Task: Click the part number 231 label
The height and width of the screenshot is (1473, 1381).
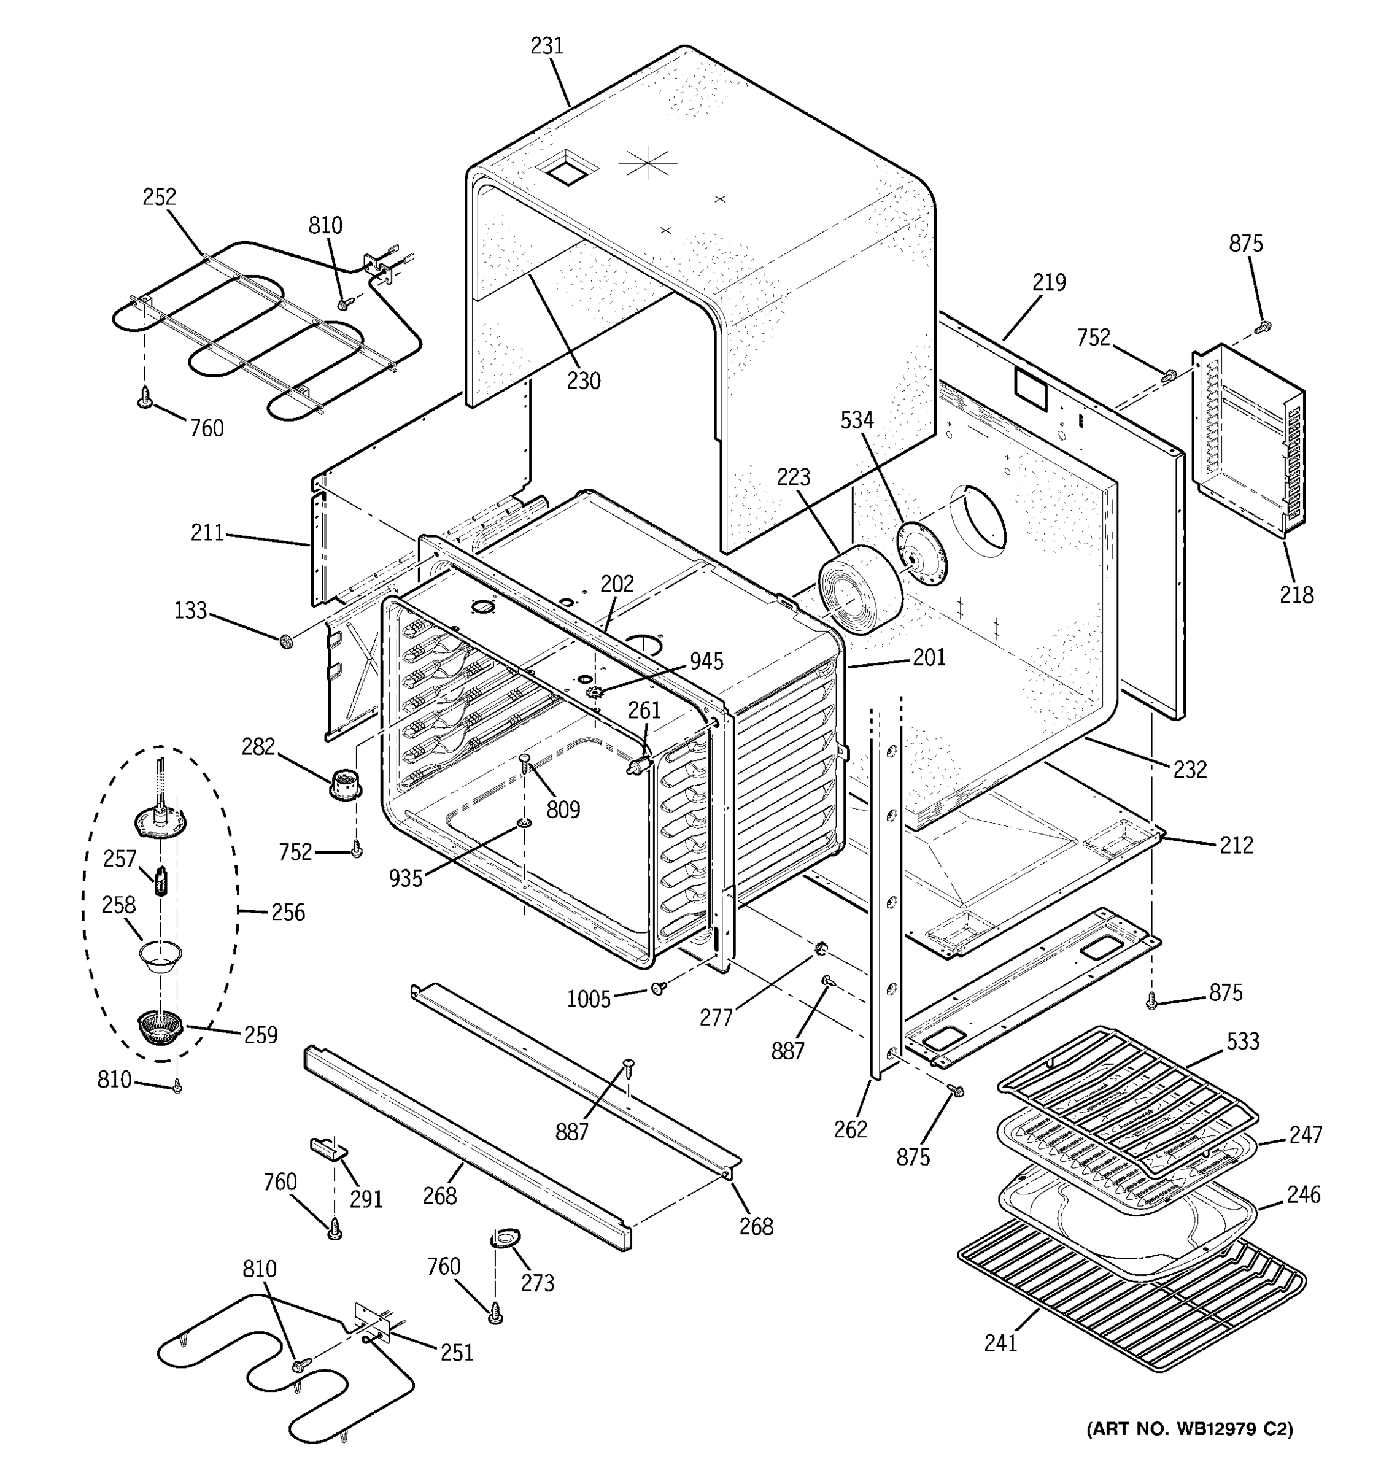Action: pyautogui.click(x=547, y=46)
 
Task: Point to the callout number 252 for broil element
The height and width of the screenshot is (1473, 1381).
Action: pyautogui.click(x=160, y=197)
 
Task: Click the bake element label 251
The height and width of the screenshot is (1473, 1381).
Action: pyautogui.click(x=457, y=1353)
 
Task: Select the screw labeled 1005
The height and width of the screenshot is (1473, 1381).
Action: pyautogui.click(x=658, y=988)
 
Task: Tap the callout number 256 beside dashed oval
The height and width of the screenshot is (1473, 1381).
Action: pyautogui.click(x=287, y=912)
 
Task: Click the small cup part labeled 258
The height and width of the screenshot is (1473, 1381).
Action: pyautogui.click(x=160, y=957)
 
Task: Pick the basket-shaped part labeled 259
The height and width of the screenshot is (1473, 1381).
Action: pyautogui.click(x=160, y=1027)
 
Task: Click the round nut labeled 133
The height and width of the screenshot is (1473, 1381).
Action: pyautogui.click(x=285, y=641)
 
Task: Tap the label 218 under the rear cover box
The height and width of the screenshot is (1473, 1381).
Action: pyautogui.click(x=1296, y=595)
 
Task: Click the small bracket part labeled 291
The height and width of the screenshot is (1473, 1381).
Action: pyautogui.click(x=328, y=1148)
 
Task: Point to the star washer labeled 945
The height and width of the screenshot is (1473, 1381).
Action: pyautogui.click(x=594, y=693)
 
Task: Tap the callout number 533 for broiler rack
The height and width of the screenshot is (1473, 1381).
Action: pyautogui.click(x=1242, y=1041)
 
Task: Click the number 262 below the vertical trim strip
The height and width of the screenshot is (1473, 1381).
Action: pyautogui.click(x=850, y=1129)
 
